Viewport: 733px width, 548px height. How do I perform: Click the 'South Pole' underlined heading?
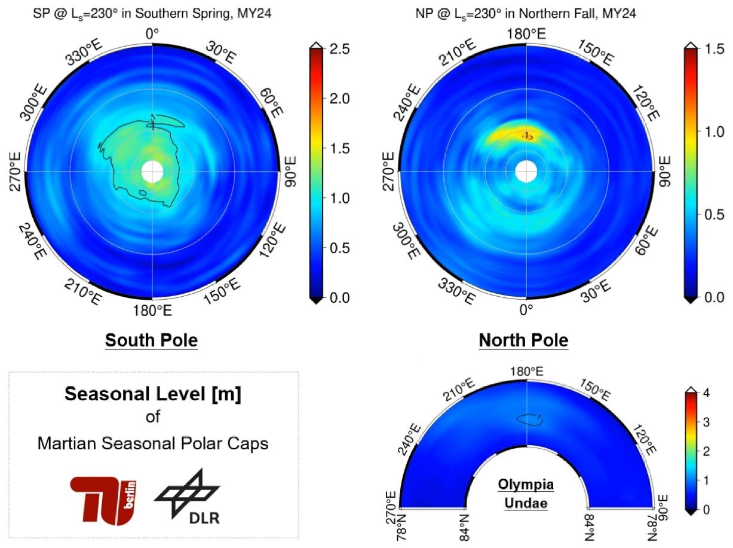pos(151,341)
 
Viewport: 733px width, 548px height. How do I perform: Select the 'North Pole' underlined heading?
pos(523,341)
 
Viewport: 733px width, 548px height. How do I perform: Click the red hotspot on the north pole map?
pos(528,136)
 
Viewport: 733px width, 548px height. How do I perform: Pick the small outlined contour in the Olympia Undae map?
pos(530,419)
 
